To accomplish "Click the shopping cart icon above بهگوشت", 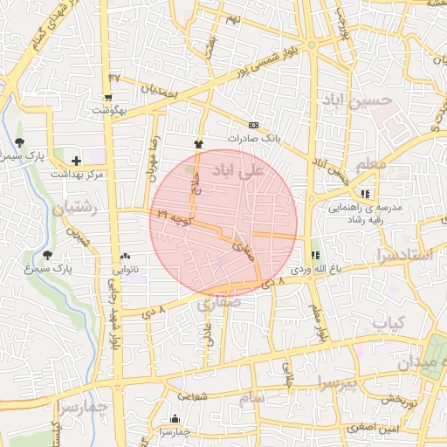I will click(x=107, y=99).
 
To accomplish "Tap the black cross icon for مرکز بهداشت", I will click(x=77, y=161).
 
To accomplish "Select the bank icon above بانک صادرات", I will click(x=254, y=125).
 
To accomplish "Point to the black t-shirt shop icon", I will click(x=198, y=145).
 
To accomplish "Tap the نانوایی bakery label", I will click(x=126, y=270).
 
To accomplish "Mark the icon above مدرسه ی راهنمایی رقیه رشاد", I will click(x=364, y=194).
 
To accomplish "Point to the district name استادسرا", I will click(x=403, y=255).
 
